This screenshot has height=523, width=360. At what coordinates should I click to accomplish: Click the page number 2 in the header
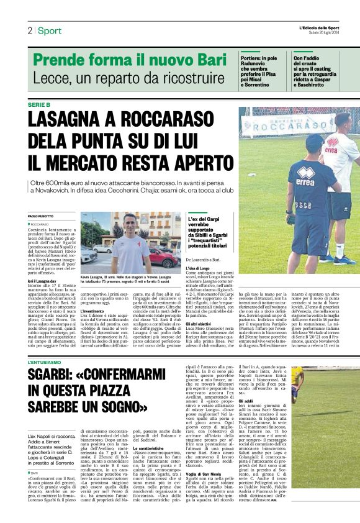29,31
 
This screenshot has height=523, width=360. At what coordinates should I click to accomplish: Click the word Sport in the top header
49,31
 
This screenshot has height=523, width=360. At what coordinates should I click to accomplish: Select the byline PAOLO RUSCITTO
42,216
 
